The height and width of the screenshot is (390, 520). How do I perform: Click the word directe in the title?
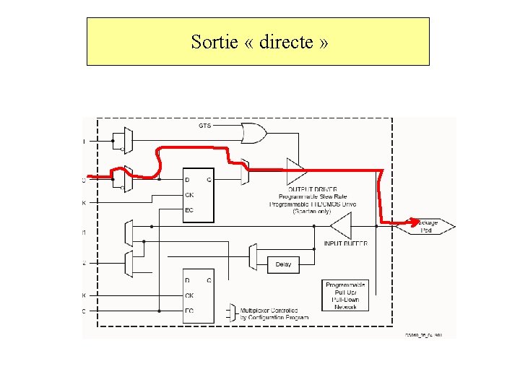coord(285,42)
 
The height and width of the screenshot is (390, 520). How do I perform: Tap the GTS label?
coord(205,126)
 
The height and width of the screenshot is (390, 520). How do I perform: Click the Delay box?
coord(283,264)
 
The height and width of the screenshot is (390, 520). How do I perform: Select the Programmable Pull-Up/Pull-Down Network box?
coord(345,295)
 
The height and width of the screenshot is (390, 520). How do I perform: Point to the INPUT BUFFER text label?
coord(345,243)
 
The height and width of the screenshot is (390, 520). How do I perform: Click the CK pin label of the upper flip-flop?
coord(190,194)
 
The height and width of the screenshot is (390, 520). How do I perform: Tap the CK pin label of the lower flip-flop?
coord(190,295)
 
